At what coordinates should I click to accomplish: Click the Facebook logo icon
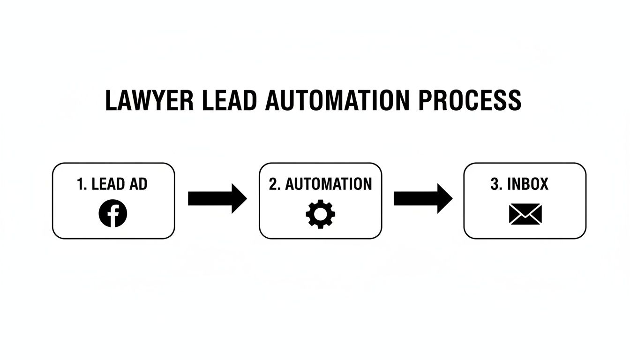click(113, 213)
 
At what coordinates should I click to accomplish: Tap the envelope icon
click(525, 214)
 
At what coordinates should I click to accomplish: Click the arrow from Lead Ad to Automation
click(217, 199)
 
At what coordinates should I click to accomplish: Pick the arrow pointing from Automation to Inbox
click(422, 199)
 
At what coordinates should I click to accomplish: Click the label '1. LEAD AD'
click(112, 184)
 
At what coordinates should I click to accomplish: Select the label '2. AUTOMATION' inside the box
click(320, 184)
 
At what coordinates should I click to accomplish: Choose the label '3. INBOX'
click(519, 184)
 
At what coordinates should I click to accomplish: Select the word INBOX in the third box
click(528, 184)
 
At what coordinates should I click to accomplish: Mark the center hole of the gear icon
click(320, 214)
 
